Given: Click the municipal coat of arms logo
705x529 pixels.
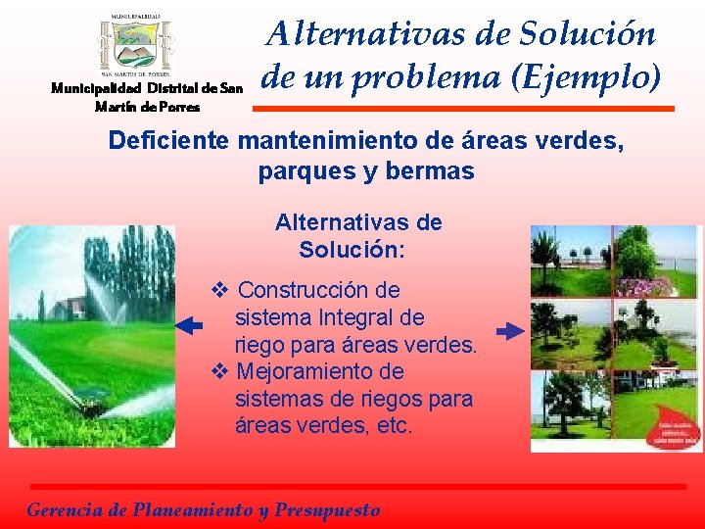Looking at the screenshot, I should [x=135, y=44].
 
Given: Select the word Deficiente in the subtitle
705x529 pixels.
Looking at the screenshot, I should [x=168, y=140].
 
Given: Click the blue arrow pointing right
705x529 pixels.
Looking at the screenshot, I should [x=510, y=332].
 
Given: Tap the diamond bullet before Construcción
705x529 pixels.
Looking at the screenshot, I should [x=220, y=290].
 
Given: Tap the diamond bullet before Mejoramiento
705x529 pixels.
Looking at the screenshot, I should [x=220, y=372].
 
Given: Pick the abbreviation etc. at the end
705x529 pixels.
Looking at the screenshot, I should [x=393, y=427].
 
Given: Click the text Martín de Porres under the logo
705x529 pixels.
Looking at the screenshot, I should [x=147, y=106].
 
